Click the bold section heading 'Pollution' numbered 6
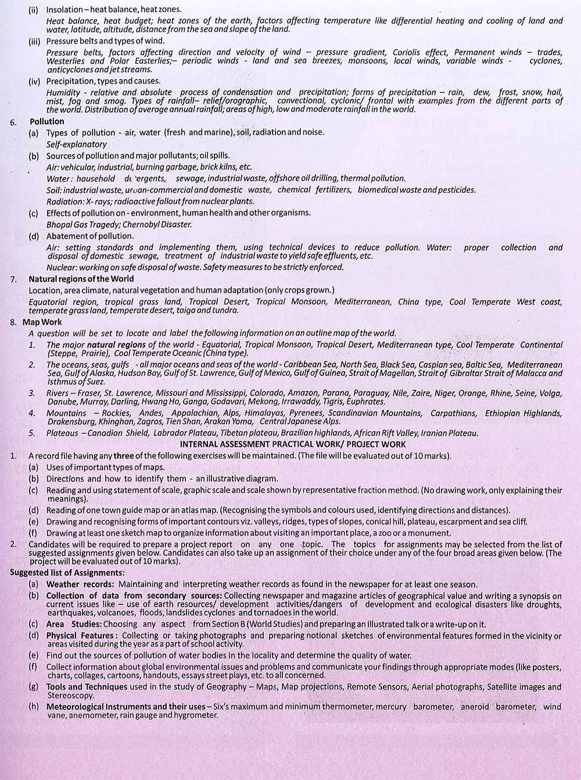coord(47,121)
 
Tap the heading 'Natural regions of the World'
coord(81,279)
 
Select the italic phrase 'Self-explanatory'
coord(77,144)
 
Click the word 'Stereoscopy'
coord(70,695)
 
